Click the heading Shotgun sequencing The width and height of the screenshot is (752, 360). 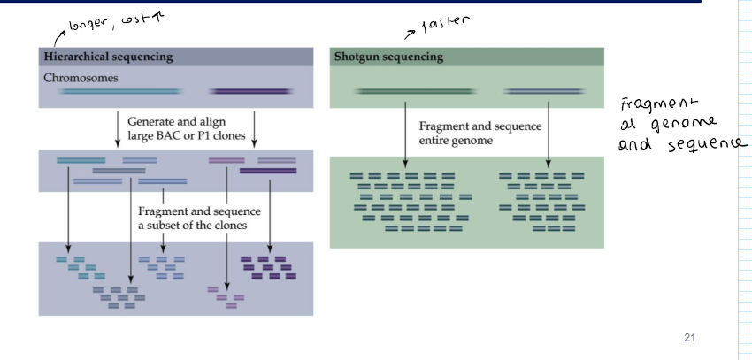click(388, 57)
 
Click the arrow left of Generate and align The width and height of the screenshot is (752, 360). click(118, 128)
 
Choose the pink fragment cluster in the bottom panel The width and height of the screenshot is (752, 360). click(226, 296)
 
